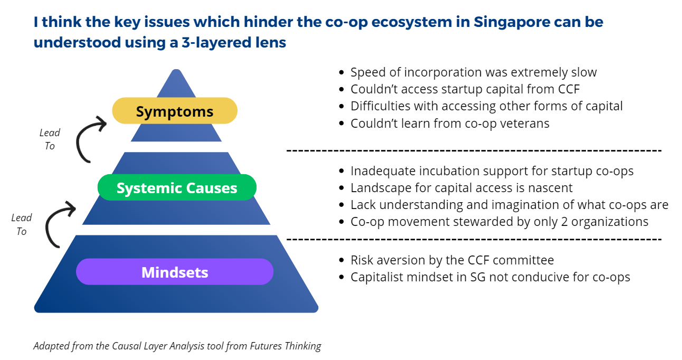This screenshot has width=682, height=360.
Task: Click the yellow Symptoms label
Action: pos(175,111)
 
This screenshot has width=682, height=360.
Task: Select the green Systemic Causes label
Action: pos(177,188)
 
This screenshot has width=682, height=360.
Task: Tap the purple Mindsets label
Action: pos(175,272)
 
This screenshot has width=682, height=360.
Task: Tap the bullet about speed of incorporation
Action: pos(473,72)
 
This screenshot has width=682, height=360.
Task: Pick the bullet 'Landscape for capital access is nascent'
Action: pos(461,188)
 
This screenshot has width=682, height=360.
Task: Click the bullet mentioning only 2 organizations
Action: pos(499,222)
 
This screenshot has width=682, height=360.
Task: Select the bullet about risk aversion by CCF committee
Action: pos(452,260)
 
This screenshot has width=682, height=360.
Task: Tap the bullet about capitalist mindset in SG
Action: pos(490,277)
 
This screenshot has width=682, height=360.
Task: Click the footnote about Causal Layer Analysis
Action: pos(177,346)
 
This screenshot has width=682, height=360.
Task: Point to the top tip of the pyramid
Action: pos(176,70)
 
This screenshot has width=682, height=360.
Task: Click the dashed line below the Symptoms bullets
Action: pos(473,151)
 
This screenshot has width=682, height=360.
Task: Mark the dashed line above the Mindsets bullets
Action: pos(473,239)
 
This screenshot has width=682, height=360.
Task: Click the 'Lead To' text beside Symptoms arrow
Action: pos(50,139)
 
